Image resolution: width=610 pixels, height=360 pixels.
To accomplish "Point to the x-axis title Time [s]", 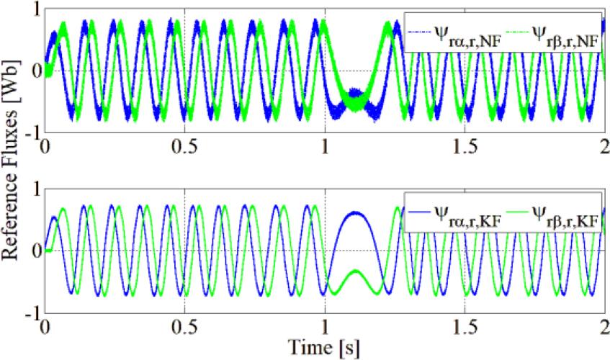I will click(326, 346).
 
